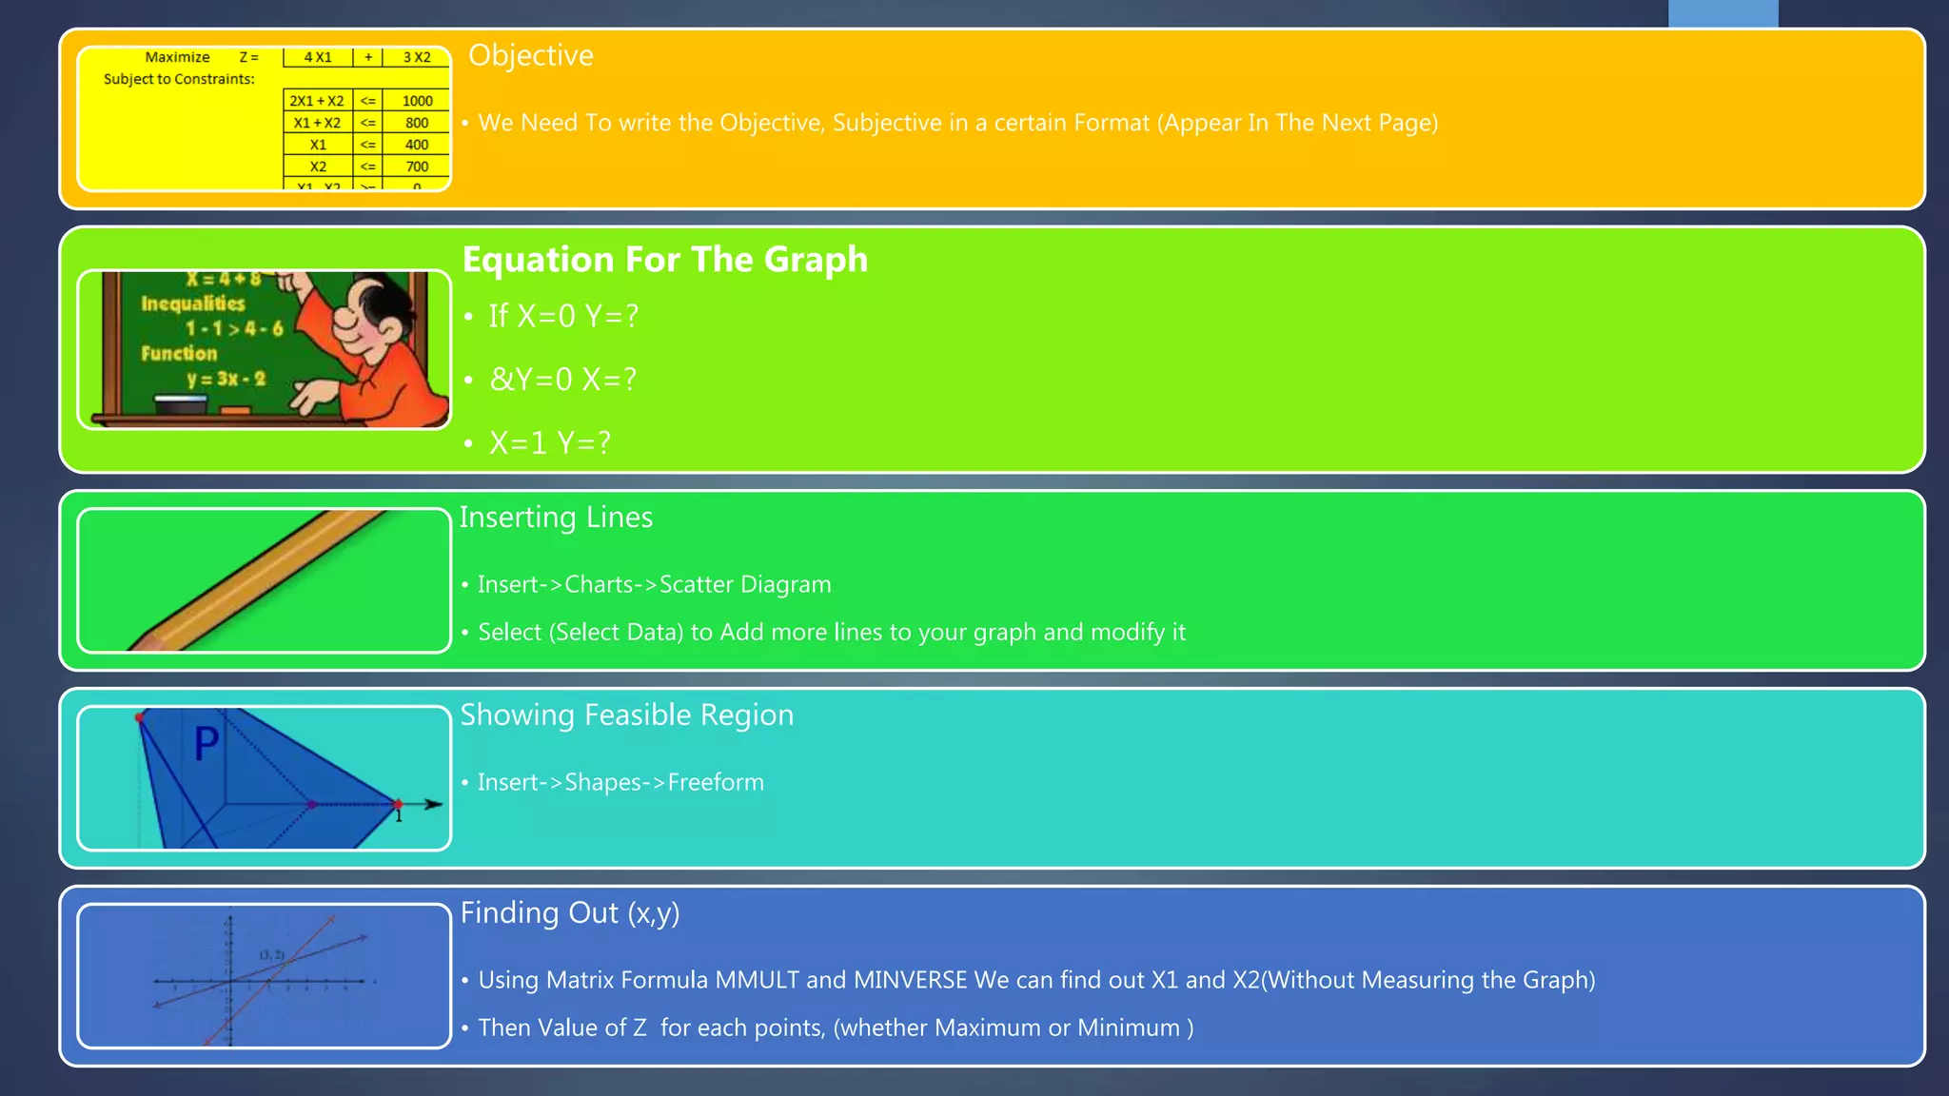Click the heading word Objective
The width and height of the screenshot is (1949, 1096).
click(530, 55)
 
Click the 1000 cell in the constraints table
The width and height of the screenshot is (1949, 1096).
click(417, 101)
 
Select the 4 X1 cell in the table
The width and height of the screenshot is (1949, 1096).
click(318, 57)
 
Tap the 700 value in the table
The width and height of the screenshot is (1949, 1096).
click(417, 166)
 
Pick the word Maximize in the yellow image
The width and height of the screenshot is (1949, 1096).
click(177, 57)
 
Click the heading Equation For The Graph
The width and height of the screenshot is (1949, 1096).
click(664, 259)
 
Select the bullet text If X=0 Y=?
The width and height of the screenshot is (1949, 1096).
click(563, 316)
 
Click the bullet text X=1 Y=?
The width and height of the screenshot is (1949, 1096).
click(549, 443)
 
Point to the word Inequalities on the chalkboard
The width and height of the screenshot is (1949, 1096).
click(193, 303)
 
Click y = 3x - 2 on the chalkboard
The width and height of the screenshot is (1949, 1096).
click(226, 379)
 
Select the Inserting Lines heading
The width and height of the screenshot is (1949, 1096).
click(556, 517)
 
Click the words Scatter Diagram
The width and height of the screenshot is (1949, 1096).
click(745, 584)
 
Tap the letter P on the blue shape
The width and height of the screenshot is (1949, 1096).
click(207, 743)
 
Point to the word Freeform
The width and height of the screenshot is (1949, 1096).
click(716, 782)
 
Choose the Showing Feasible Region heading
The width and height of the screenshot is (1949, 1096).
click(626, 714)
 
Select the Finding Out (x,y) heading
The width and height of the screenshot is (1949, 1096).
click(569, 912)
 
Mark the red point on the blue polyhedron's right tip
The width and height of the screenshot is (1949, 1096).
click(398, 804)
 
